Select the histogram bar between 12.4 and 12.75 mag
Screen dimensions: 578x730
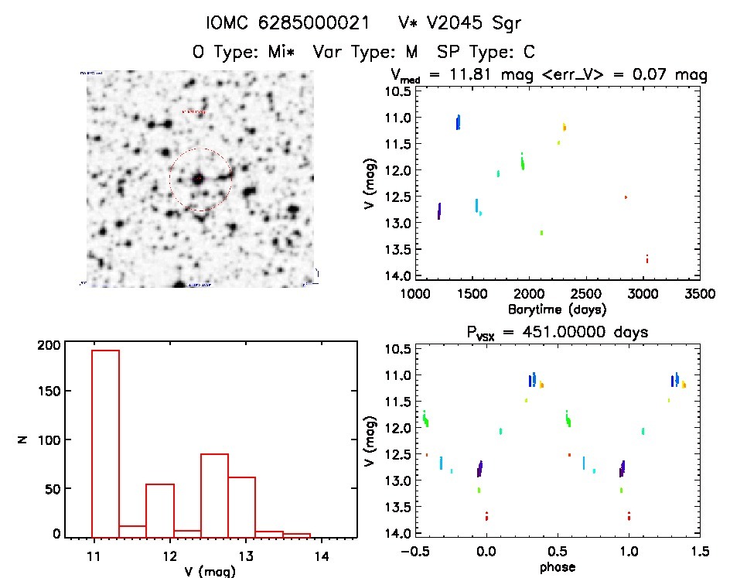(214, 495)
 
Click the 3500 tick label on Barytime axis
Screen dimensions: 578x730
(701, 294)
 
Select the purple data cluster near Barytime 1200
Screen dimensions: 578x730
(439, 210)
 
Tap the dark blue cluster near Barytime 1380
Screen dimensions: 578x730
(458, 122)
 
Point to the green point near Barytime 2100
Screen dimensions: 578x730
(541, 232)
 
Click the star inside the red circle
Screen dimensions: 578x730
(199, 179)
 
